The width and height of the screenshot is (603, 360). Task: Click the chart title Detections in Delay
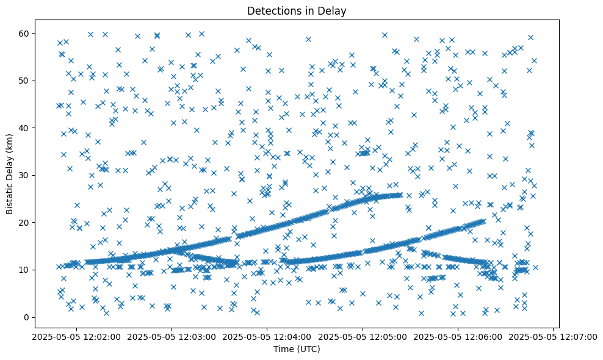(297, 11)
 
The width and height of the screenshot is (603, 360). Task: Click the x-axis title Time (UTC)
(297, 349)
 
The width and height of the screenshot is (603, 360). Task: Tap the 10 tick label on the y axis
(23, 270)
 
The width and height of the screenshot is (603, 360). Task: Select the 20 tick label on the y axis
(23, 223)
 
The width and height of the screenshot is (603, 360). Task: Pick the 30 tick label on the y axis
(23, 175)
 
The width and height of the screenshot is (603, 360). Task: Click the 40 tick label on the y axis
(23, 128)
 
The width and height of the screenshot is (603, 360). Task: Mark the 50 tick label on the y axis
(23, 81)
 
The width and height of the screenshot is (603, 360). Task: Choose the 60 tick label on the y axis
(23, 33)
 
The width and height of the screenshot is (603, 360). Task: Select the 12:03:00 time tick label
(172, 337)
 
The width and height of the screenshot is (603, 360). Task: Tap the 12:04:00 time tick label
(267, 337)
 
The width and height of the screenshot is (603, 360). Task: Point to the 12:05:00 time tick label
(363, 337)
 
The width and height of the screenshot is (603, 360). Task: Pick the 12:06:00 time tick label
(458, 337)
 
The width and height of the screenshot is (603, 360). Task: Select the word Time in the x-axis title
(283, 349)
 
